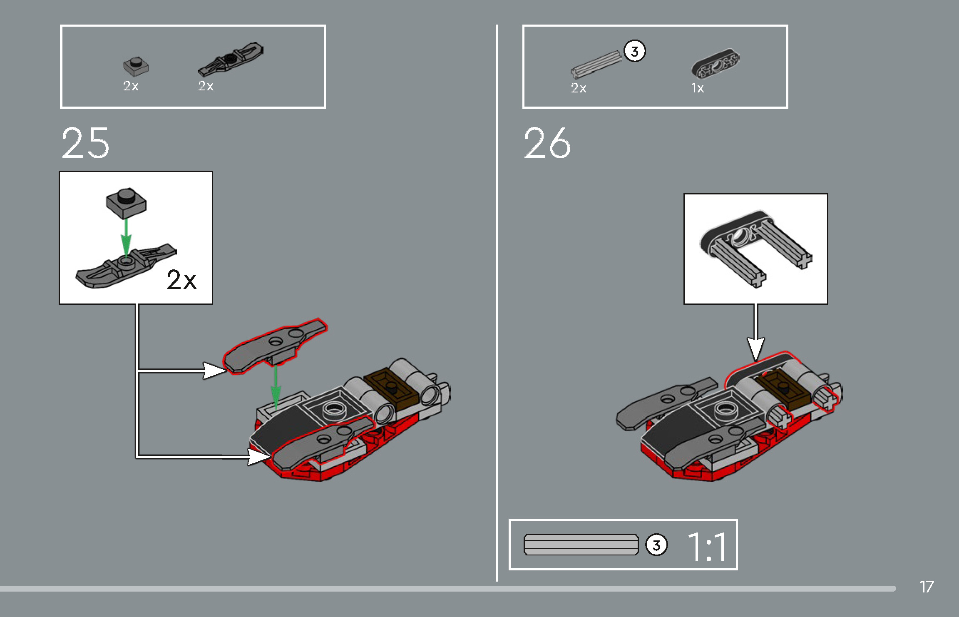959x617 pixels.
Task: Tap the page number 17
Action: point(927,587)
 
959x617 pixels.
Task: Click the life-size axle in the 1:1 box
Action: point(581,545)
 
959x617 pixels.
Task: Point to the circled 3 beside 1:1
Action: point(656,545)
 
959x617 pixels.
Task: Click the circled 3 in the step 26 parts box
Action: point(634,51)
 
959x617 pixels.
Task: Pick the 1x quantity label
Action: point(697,88)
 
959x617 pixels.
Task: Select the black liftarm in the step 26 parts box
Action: point(716,64)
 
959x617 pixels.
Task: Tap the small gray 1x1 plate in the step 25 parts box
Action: point(136,66)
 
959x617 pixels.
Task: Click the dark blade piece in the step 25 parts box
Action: point(231,58)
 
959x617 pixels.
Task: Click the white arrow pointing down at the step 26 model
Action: point(756,332)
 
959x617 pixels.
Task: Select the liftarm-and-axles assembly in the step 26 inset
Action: point(756,249)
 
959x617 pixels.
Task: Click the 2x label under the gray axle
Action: point(579,88)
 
